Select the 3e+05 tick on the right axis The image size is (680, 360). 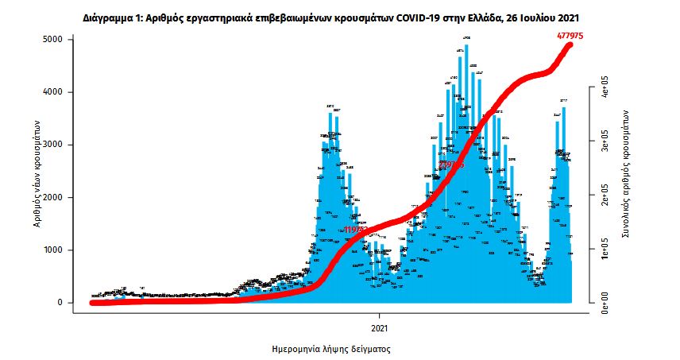[605, 143]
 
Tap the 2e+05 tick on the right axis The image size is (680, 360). [605, 196]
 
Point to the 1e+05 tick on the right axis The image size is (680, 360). [605, 250]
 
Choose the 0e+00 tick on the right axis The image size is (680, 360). [605, 302]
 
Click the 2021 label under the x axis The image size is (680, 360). [380, 327]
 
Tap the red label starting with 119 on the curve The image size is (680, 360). [357, 230]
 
